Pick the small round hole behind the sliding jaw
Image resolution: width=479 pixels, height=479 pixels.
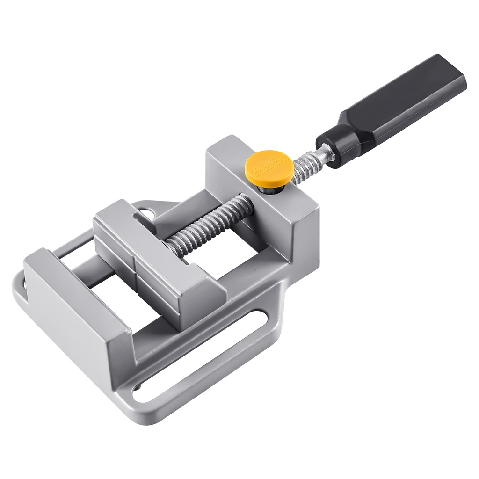(148, 213)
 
